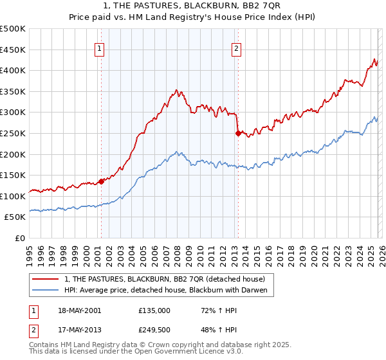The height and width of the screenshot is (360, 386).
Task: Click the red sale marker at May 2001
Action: click(x=101, y=181)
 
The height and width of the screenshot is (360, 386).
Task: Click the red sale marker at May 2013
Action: click(x=237, y=133)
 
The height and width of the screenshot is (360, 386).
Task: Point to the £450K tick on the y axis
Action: click(x=13, y=50)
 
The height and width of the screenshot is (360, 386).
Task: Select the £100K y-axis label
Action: click(x=13, y=196)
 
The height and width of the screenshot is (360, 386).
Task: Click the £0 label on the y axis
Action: click(x=19, y=238)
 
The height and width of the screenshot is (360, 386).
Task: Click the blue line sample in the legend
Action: click(x=46, y=291)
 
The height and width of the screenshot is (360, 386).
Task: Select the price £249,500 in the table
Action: click(x=154, y=331)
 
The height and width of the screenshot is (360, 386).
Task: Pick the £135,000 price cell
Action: click(x=154, y=310)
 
